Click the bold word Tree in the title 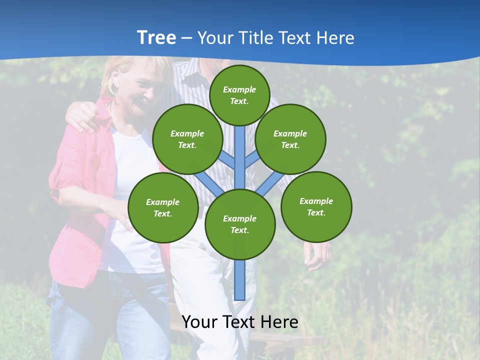click(x=156, y=38)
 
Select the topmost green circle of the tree click(x=239, y=95)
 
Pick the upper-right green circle click(x=290, y=139)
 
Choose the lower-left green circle click(x=163, y=207)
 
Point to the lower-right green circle click(x=316, y=206)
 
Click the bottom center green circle click(x=240, y=224)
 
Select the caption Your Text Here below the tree click(x=240, y=322)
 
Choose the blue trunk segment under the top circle click(x=240, y=155)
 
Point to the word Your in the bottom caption click(x=199, y=322)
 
